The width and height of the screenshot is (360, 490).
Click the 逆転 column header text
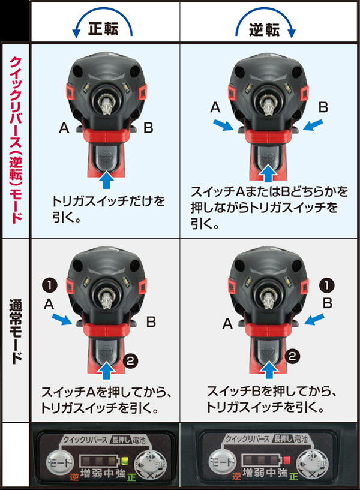[x=265, y=29]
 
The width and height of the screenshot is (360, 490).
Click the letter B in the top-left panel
[x=148, y=127]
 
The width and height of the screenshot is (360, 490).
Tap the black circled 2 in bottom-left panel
[x=131, y=360]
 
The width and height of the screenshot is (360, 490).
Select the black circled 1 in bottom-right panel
[x=327, y=283]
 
